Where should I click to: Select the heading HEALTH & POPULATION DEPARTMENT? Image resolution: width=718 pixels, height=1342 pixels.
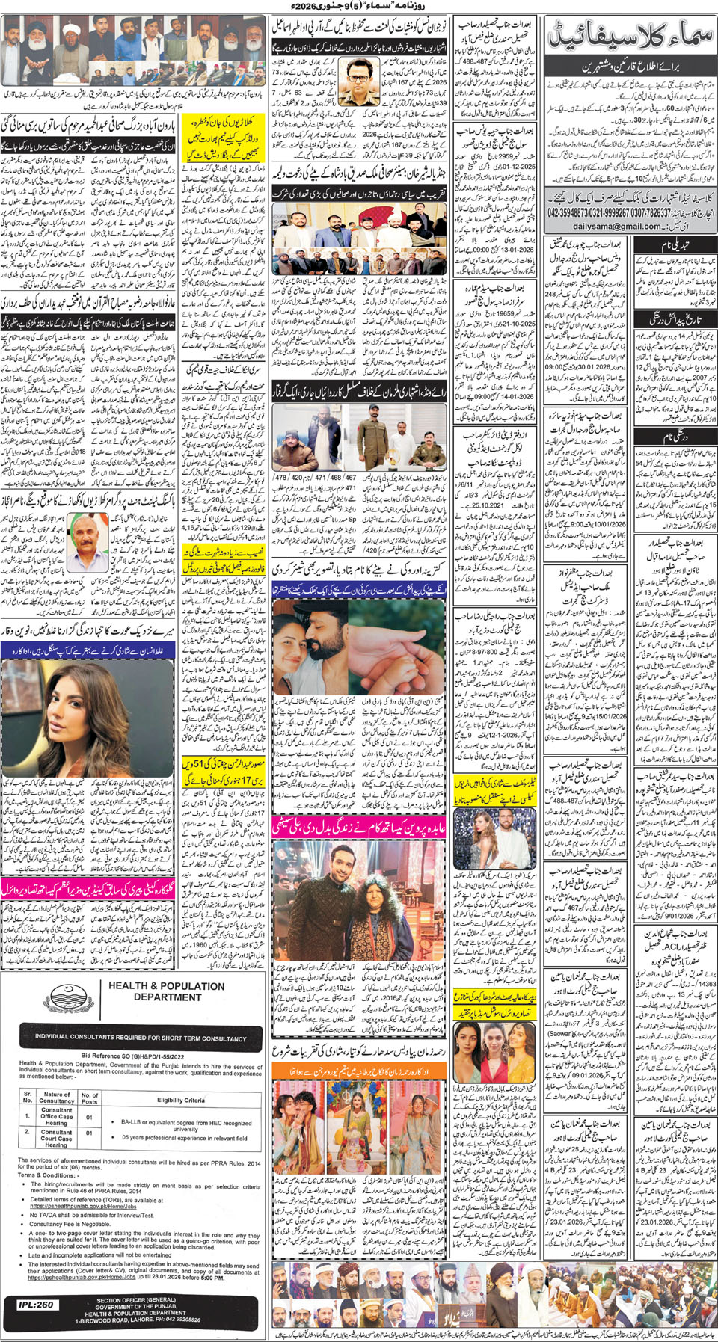(167, 991)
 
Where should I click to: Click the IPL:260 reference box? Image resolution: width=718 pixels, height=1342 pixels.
(36, 1305)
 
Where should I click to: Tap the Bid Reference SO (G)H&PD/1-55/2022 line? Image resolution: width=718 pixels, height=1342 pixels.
(132, 1056)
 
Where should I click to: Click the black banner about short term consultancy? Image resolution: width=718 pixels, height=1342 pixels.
(141, 1038)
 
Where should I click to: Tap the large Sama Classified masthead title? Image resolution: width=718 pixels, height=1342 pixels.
(630, 35)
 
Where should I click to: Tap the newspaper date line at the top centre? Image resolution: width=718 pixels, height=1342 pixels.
(358, 7)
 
